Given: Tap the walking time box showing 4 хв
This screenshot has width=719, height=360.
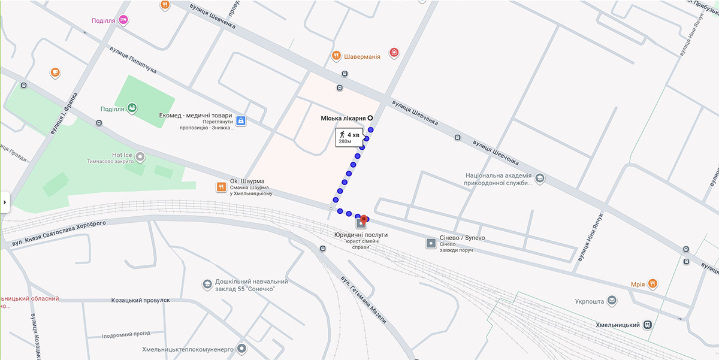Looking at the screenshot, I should point(349,138).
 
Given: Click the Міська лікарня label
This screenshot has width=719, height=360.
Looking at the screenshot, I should point(344,119).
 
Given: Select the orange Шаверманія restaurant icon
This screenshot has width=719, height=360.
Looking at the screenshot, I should point(336,56).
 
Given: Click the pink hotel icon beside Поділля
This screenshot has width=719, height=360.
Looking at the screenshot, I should point(124,20).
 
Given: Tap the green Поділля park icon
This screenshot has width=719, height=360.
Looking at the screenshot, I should point(132,108).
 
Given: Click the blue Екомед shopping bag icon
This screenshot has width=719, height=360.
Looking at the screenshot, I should point(240,121).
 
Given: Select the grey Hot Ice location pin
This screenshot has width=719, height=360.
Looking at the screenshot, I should point(140,158).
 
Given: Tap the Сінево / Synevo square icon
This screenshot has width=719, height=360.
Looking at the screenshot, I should point(431,243).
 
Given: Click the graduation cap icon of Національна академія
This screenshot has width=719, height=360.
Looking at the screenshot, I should point(540,179).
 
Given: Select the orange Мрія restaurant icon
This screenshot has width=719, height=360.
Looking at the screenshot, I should point(652,284).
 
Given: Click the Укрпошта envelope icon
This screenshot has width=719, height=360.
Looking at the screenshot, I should point(612,300).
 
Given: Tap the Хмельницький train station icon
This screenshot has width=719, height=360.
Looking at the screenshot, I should point(648,325).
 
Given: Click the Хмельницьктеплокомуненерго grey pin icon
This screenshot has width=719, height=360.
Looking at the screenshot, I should point(241,347).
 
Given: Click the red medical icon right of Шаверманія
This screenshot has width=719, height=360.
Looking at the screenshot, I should point(394,53).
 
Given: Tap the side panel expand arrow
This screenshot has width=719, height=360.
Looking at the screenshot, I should point(5,202).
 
